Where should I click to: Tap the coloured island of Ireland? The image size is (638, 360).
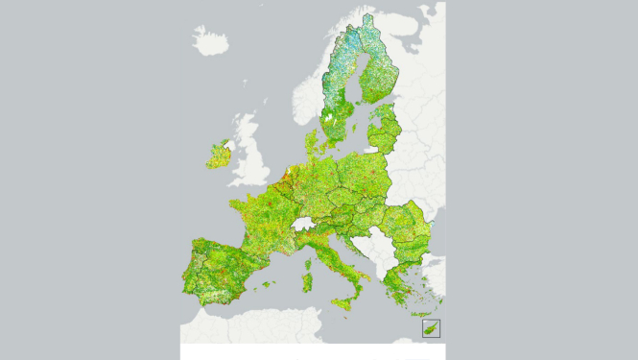(x=219, y=154)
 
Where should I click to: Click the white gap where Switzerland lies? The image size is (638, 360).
(x=306, y=224)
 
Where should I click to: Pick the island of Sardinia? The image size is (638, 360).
(x=309, y=283)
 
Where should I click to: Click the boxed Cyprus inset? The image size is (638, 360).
(x=432, y=328)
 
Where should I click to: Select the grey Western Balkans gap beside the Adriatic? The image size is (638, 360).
(x=369, y=252)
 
